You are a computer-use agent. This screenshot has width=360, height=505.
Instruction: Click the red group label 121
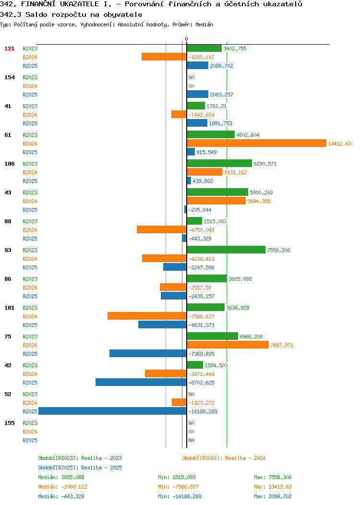click(x=9, y=48)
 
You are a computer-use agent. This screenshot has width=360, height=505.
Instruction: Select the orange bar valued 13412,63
click(x=257, y=144)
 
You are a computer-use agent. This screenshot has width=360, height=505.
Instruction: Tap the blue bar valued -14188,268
click(x=112, y=411)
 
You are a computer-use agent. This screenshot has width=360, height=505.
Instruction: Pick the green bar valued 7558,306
click(x=226, y=250)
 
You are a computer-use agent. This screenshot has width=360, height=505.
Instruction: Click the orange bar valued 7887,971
click(x=228, y=345)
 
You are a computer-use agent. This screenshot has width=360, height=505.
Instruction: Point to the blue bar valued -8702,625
click(x=141, y=382)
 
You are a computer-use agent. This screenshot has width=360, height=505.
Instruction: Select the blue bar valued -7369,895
click(x=148, y=354)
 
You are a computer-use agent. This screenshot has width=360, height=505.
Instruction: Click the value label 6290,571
click(x=265, y=164)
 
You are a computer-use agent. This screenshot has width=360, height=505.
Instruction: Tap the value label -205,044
click(x=200, y=210)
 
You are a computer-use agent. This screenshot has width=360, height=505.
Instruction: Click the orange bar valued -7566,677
click(x=147, y=316)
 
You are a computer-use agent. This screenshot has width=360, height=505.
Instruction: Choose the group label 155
click(x=9, y=423)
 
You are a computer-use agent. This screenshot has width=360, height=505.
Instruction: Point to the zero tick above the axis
click(x=186, y=39)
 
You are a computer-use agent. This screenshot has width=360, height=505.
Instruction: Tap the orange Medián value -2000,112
click(x=74, y=487)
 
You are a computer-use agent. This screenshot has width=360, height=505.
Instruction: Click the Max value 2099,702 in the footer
click(x=280, y=497)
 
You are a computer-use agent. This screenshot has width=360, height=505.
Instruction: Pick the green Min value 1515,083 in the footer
click(x=184, y=477)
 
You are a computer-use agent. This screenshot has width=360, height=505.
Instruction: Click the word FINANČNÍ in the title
click(x=38, y=4)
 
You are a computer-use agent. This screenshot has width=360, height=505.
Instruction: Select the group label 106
click(x=9, y=164)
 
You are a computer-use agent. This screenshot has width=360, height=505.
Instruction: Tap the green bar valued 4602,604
click(x=211, y=134)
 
